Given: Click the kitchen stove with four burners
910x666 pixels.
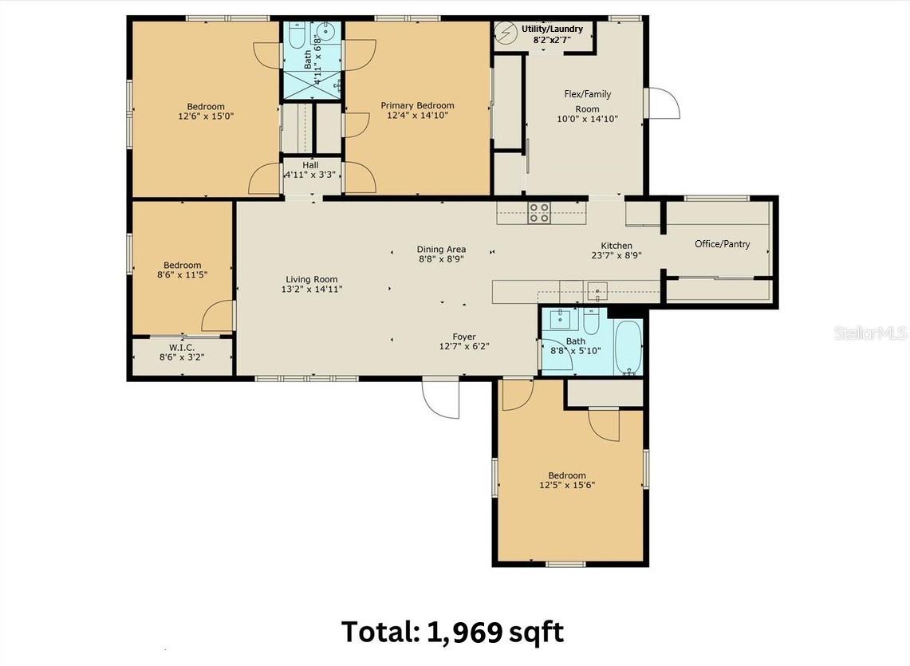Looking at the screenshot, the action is pyautogui.click(x=539, y=212).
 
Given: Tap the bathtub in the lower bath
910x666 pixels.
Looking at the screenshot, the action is pyautogui.click(x=628, y=347).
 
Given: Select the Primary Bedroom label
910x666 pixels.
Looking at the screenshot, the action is pyautogui.click(x=417, y=105).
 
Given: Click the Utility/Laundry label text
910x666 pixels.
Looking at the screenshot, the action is pyautogui.click(x=552, y=29).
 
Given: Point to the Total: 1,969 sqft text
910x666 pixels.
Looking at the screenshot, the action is pyautogui.click(x=452, y=631).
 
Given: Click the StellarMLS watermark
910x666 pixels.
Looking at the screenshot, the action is pyautogui.click(x=870, y=333).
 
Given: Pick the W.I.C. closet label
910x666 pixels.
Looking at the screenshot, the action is pyautogui.click(x=182, y=347).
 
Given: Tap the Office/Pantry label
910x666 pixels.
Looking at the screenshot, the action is pyautogui.click(x=722, y=244).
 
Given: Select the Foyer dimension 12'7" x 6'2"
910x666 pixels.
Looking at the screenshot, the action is pyautogui.click(x=464, y=347).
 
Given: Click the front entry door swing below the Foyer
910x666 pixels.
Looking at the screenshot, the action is pyautogui.click(x=441, y=398).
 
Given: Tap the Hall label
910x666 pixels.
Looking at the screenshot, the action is pyautogui.click(x=310, y=165).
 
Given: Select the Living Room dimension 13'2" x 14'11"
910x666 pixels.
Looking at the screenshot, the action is pyautogui.click(x=312, y=290).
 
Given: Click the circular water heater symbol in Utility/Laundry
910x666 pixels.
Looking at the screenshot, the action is pyautogui.click(x=506, y=33).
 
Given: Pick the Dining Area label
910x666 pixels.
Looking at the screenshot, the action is pyautogui.click(x=441, y=249).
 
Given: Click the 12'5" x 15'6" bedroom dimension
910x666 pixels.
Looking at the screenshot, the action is pyautogui.click(x=567, y=486).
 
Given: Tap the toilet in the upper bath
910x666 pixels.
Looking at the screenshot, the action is pyautogui.click(x=297, y=36).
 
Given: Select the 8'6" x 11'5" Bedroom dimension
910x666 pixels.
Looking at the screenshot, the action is pyautogui.click(x=182, y=274).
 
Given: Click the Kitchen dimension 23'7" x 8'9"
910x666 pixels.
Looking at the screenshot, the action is pyautogui.click(x=617, y=255).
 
